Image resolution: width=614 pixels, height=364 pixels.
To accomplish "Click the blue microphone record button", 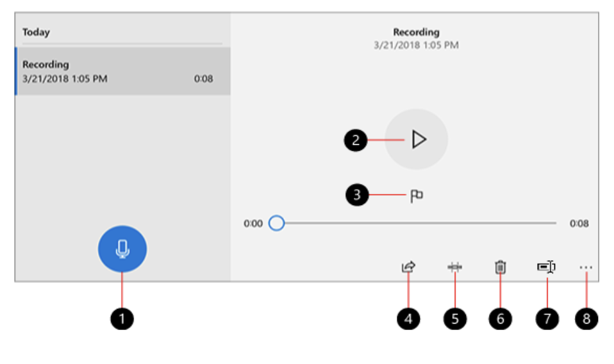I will click(122, 249).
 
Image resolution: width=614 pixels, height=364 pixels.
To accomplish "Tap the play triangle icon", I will click(419, 140).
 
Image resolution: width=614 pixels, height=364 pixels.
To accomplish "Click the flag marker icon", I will click(417, 196).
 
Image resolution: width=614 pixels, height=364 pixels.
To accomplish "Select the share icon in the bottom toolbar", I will click(408, 267).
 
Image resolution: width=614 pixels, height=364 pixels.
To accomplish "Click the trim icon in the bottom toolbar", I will click(454, 267).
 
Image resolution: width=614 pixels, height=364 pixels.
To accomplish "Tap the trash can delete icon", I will click(501, 267).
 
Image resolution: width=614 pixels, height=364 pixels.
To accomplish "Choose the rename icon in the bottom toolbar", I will click(547, 267).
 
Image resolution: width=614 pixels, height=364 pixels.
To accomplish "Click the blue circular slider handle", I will click(276, 223).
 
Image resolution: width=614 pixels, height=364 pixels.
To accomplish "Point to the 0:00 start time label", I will click(253, 224).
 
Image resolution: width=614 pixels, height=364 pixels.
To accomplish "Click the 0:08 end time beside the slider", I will click(579, 224).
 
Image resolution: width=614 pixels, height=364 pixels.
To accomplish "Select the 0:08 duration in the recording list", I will click(203, 79).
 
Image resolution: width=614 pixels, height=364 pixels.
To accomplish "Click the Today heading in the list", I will click(36, 32).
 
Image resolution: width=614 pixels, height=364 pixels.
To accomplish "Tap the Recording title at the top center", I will click(416, 32).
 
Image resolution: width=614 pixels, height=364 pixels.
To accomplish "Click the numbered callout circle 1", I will click(122, 318).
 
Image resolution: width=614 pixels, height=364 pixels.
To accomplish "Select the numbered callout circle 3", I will click(357, 195).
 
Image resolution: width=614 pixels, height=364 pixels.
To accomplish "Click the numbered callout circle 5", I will click(454, 318).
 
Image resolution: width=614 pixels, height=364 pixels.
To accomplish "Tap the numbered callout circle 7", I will click(547, 318).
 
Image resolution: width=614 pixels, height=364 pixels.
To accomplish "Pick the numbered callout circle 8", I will click(586, 318).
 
